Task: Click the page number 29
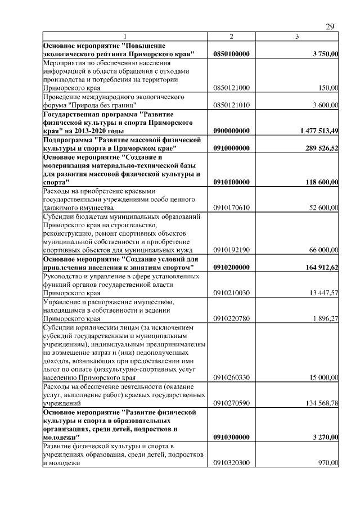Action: [330, 27]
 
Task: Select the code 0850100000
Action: [232, 54]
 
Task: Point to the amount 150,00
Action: [328, 88]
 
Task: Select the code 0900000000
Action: [232, 130]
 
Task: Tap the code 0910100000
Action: [232, 182]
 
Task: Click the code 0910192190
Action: [232, 250]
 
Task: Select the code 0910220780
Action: [232, 319]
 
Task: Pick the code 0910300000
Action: [232, 437]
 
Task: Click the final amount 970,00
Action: [328, 463]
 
